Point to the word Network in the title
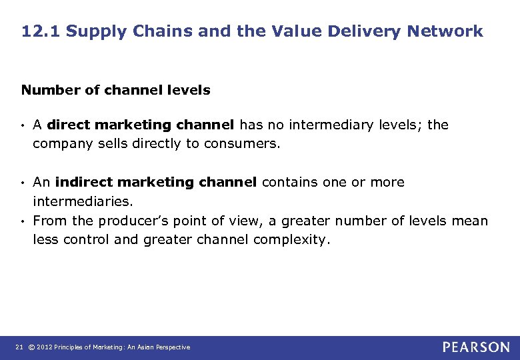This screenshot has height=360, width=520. [446, 31]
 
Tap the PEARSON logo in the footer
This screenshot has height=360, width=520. [476, 347]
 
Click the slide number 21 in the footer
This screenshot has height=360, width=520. [18, 347]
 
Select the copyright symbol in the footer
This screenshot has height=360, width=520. [31, 347]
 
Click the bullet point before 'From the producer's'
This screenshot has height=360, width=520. [24, 221]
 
